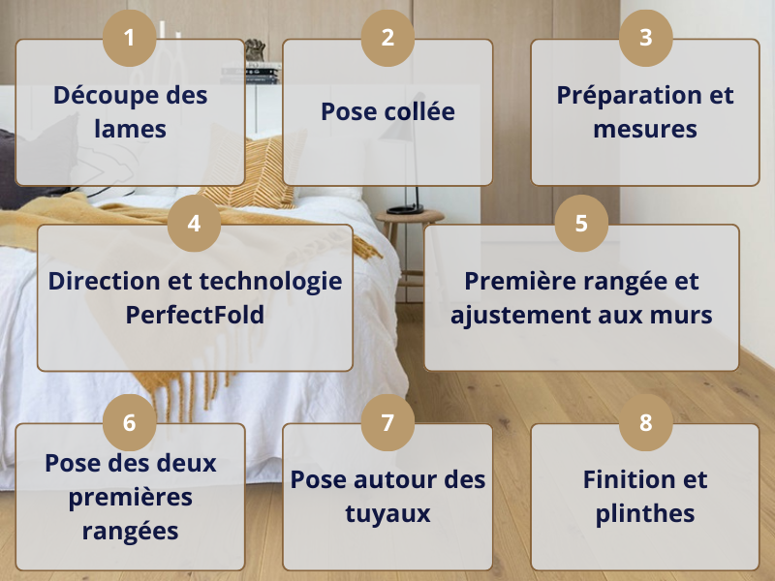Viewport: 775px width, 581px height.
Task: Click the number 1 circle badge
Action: tap(130, 38)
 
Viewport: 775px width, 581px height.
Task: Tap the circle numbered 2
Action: tap(387, 38)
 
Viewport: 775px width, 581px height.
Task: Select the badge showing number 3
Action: tap(645, 38)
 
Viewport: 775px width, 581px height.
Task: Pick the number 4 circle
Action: tap(195, 224)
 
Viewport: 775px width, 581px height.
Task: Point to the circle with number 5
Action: tap(581, 224)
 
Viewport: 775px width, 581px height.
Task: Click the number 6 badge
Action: tap(130, 422)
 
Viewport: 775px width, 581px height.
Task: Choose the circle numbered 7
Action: tap(387, 422)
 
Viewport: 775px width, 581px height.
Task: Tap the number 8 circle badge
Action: tap(645, 422)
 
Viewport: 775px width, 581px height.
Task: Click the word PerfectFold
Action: tap(195, 315)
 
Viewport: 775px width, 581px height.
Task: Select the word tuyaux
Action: tap(387, 514)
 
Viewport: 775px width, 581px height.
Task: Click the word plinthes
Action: tap(645, 513)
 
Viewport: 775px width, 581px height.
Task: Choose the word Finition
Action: tap(626, 479)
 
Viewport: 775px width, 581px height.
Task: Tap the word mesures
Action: tap(645, 130)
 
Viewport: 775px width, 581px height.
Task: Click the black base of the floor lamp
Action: tap(405, 209)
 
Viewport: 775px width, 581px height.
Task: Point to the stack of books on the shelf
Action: tap(250, 74)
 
